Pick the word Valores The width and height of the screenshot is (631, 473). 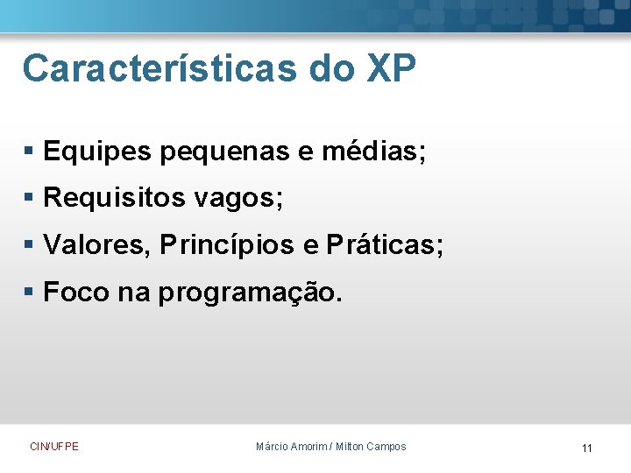point(98,245)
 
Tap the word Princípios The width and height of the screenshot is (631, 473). point(228,245)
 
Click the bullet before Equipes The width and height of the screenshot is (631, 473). point(31,153)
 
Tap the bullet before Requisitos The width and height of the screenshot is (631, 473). point(31,200)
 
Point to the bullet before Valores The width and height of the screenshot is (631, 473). point(31,246)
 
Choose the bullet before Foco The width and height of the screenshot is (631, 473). point(31,293)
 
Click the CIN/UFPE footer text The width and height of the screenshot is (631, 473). point(54,447)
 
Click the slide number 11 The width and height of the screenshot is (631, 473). point(586,448)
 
